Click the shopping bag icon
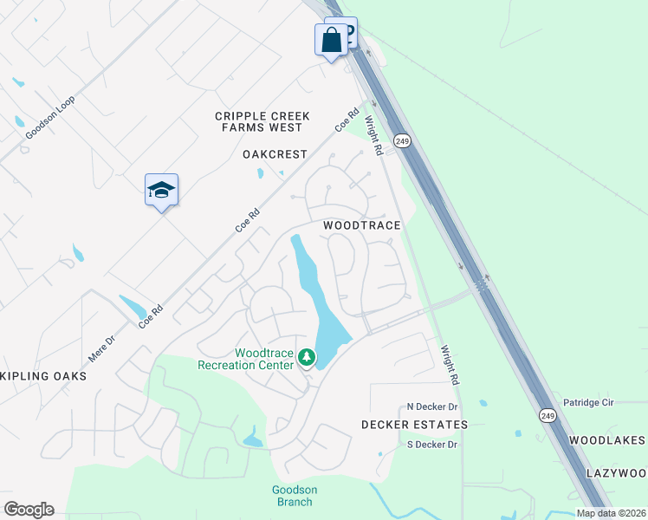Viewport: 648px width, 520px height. pos(332,40)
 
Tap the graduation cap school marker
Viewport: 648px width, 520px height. pos(161,190)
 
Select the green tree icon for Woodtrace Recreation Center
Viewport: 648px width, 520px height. pos(306,357)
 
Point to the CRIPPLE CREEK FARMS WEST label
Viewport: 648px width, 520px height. pos(259,121)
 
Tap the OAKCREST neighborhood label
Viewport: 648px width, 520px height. pos(275,154)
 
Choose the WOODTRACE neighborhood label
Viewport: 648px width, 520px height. pos(362,225)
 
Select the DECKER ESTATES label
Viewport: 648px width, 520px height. pos(414,425)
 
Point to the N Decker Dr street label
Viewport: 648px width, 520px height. pos(432,406)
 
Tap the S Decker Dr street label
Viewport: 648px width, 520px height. pos(432,445)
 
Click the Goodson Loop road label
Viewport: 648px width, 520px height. pos(50,117)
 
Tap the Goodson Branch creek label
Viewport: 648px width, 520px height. pos(295,496)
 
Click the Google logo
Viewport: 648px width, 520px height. pos(29,510)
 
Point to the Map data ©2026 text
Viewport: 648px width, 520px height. pos(612,513)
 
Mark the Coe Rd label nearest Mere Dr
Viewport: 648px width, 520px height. pos(151,315)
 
